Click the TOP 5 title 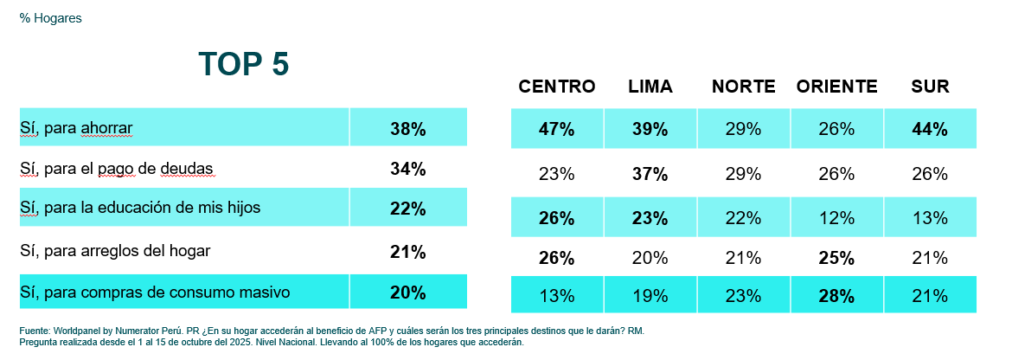(243, 65)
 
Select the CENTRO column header (556, 87)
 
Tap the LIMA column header (650, 87)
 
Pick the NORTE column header (743, 87)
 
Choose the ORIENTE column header (836, 87)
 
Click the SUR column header (930, 87)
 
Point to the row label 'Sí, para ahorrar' (76, 128)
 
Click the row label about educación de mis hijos (140, 208)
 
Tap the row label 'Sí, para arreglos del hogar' (114, 251)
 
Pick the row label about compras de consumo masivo (155, 292)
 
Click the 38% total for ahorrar (408, 129)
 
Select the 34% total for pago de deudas (408, 169)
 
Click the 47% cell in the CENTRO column (556, 129)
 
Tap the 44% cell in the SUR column (930, 129)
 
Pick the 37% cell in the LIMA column (650, 174)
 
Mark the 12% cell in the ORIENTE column (836, 218)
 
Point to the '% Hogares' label (50, 18)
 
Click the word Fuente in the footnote (34, 331)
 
